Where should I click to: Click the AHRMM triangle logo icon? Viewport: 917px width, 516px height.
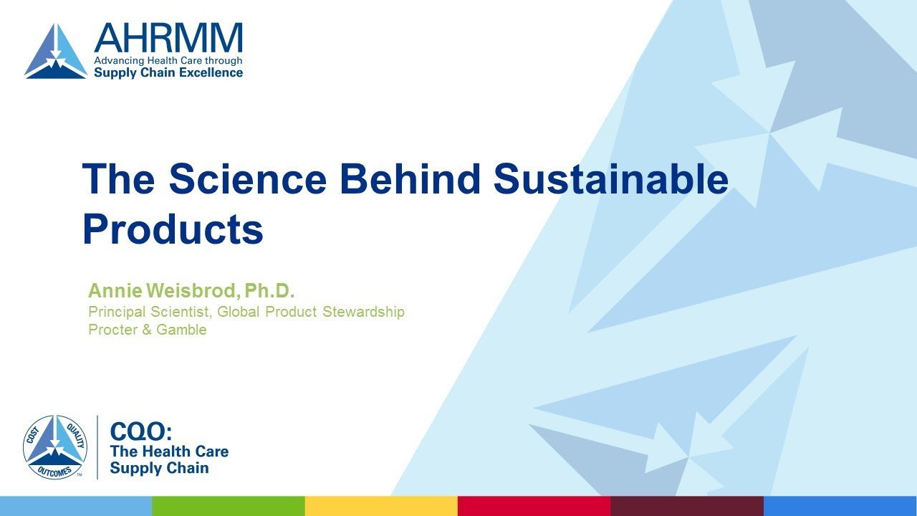[x=56, y=52]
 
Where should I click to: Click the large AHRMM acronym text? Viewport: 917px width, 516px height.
[x=168, y=39]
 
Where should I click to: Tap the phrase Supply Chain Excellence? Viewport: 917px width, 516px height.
[x=168, y=72]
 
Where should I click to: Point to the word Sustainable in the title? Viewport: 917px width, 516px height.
[x=611, y=178]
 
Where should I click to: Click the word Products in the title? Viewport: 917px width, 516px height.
[x=173, y=229]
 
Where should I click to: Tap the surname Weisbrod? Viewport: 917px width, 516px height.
[x=192, y=291]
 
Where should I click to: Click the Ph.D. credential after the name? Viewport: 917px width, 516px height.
[x=270, y=291]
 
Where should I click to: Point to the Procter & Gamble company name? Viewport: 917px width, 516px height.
[x=147, y=330]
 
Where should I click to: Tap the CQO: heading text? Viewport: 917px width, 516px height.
[x=141, y=431]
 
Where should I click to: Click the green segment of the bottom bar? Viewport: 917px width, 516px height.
[x=229, y=506]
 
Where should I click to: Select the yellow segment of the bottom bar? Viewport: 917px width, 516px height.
[x=381, y=506]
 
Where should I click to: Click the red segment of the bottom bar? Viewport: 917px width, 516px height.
[x=534, y=506]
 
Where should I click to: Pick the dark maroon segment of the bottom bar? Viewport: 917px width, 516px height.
[x=686, y=506]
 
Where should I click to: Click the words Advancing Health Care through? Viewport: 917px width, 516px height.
[x=168, y=60]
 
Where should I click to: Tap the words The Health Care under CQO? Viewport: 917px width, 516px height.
[x=169, y=451]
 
